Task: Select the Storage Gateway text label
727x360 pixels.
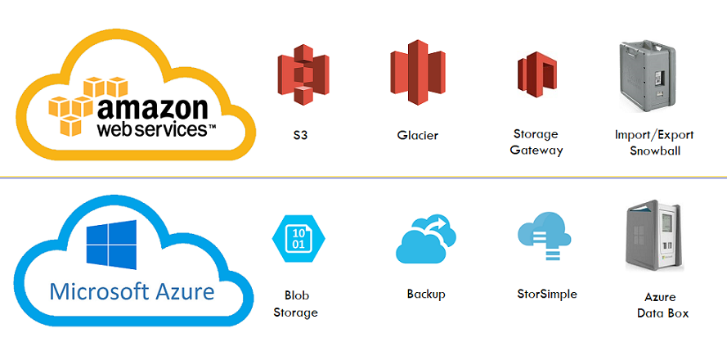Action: click(536, 142)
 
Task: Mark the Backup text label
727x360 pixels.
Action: click(426, 294)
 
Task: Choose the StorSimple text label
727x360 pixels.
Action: click(547, 294)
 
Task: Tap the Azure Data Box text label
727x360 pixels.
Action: click(662, 305)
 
